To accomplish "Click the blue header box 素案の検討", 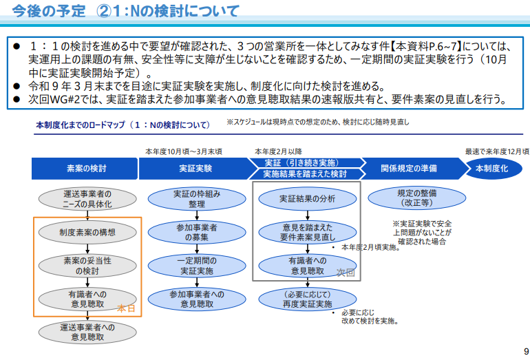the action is click(x=85, y=169).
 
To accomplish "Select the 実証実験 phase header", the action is click(x=195, y=169).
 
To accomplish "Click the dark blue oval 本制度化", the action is click(x=494, y=169).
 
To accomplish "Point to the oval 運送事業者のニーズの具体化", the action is click(x=87, y=199).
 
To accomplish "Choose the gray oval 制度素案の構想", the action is click(x=87, y=232).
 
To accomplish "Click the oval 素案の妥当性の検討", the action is click(x=87, y=266).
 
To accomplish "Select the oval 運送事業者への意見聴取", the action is click(x=87, y=332).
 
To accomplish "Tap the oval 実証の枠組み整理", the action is click(x=197, y=199).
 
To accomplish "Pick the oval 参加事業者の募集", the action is click(x=197, y=232).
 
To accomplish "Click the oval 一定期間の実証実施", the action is click(x=197, y=266).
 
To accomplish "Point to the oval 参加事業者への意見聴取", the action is click(x=197, y=299).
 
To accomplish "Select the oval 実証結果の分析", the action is click(x=307, y=199).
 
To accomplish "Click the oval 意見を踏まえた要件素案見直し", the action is click(x=307, y=232).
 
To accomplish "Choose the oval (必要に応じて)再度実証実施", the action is click(x=307, y=299).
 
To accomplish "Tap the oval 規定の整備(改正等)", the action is click(x=416, y=198).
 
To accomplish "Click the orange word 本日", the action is click(x=126, y=308).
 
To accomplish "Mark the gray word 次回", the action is click(x=346, y=273).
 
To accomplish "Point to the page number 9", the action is click(x=526, y=351).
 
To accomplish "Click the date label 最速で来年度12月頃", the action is click(x=497, y=151).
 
